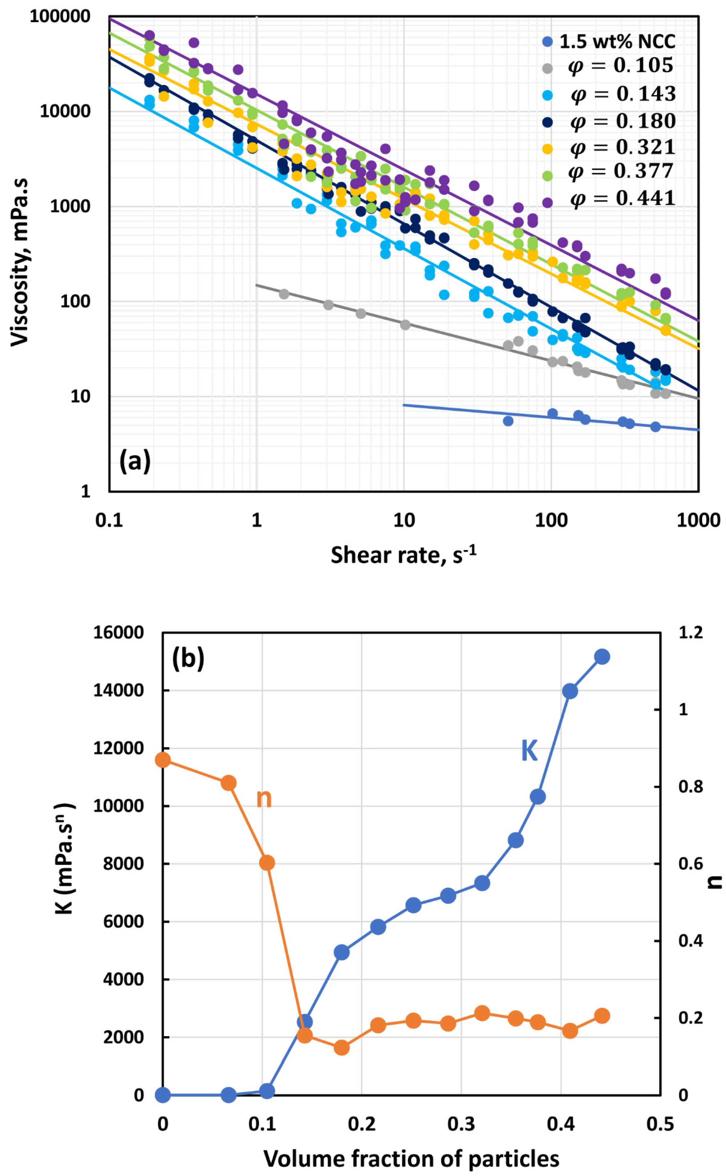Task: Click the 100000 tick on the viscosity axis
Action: pos(60,16)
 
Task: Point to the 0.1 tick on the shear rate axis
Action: pos(109,520)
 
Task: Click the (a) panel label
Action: pos(135,461)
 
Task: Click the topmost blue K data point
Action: pos(602,656)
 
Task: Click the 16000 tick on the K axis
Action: pos(118,633)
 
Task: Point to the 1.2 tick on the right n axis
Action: pos(691,633)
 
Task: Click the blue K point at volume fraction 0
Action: pos(163,1095)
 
